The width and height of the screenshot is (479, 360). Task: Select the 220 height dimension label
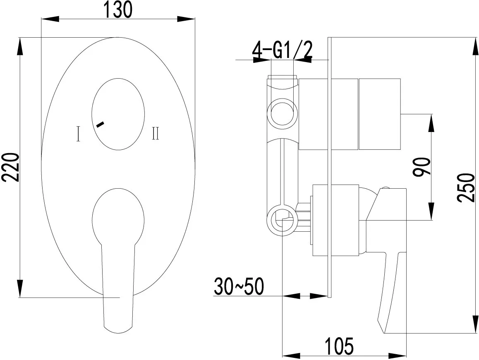click(x=12, y=167)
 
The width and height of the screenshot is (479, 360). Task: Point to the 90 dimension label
click(x=421, y=167)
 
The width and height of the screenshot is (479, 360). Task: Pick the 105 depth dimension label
click(x=339, y=346)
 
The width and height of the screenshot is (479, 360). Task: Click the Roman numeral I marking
click(x=79, y=134)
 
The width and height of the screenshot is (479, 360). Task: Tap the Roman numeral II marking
click(x=156, y=133)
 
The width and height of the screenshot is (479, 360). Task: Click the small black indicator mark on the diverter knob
click(x=100, y=124)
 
